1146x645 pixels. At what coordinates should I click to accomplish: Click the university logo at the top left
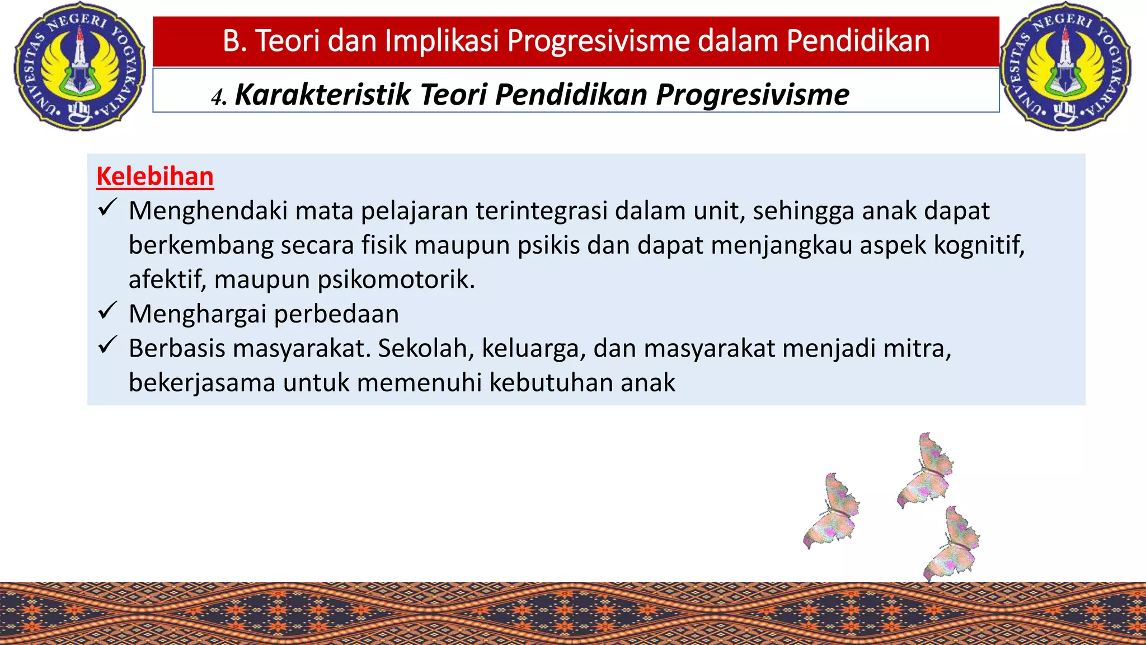coord(79,66)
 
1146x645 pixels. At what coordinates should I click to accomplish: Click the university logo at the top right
coord(1065,66)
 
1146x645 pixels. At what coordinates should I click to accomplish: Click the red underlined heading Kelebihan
coord(155,176)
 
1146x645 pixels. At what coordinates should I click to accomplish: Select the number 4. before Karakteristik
coord(219,97)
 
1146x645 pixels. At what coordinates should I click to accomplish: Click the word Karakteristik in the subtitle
coord(323,94)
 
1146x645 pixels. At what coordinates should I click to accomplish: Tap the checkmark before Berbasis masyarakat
coord(106,345)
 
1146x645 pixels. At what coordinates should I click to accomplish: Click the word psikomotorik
coord(396,279)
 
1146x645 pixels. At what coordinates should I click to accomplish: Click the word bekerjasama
coord(202,383)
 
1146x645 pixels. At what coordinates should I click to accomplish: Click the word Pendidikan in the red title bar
coord(858,41)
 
